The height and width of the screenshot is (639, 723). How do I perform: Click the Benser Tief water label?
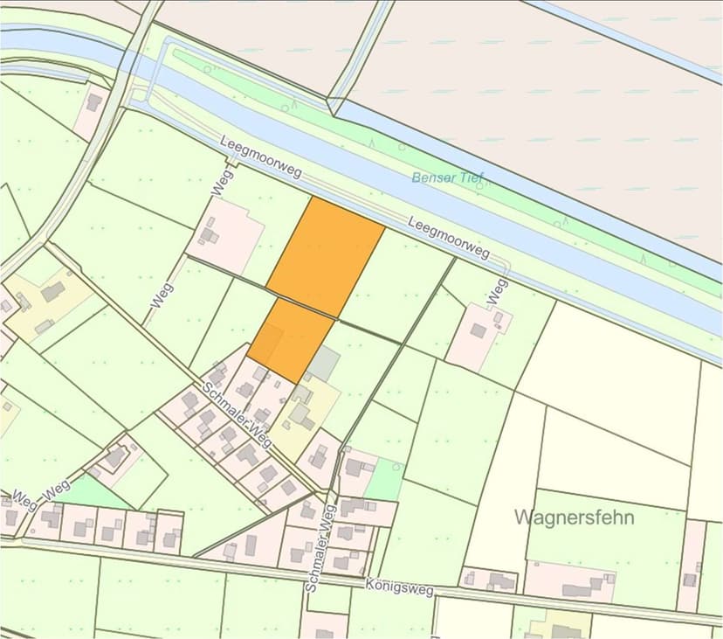click(x=447, y=178)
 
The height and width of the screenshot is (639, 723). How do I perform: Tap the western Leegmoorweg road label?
click(x=261, y=157)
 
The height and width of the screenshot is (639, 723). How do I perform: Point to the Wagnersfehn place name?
click(x=574, y=517)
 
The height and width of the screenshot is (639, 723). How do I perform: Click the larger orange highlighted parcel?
click(x=325, y=255)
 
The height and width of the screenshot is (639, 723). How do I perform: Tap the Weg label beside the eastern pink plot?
click(x=497, y=291)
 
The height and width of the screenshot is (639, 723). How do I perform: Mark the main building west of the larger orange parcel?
click(x=210, y=233)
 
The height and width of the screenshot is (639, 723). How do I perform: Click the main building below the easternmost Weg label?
click(x=478, y=331)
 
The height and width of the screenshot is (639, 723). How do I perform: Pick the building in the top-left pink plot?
click(x=93, y=102)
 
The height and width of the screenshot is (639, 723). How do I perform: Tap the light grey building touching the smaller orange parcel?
click(x=326, y=363)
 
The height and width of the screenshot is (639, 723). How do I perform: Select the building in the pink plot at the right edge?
click(x=690, y=579)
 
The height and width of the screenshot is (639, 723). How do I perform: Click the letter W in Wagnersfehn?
click(x=522, y=517)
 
